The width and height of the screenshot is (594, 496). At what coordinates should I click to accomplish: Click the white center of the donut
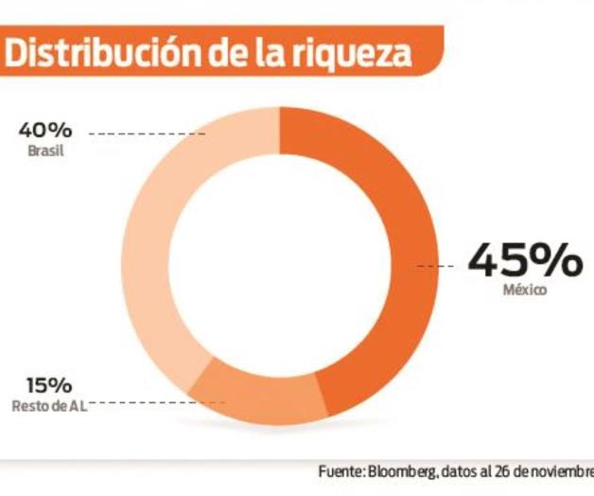(x=280, y=265)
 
